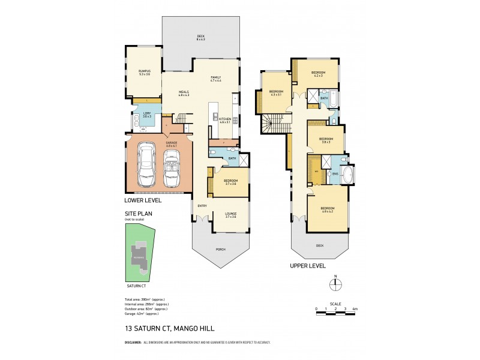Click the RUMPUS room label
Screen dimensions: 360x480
pos(144,72)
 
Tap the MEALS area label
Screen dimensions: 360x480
pos(184,93)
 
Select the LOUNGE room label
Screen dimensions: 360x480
pos(230,214)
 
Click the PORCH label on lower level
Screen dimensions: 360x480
pos(220,249)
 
